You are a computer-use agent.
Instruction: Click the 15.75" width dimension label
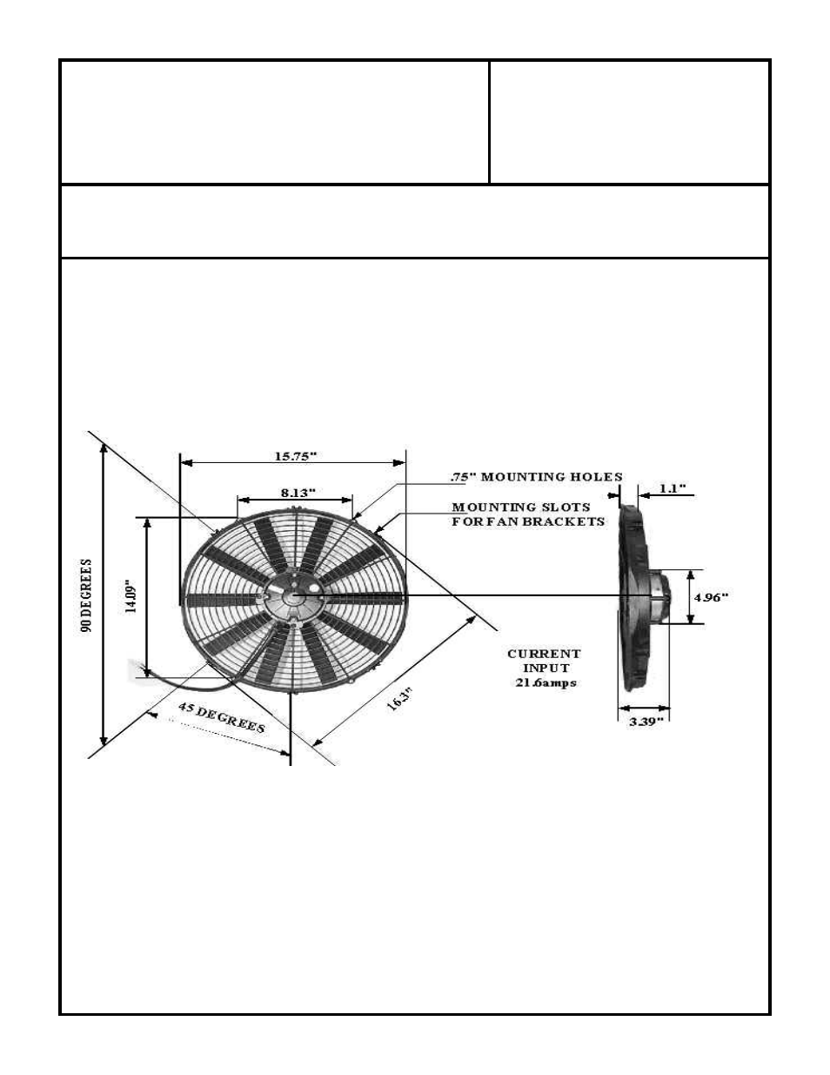[296, 456]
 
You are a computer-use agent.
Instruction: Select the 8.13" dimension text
[298, 493]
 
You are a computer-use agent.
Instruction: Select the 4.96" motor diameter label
[710, 597]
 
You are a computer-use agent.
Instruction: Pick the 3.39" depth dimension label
[646, 721]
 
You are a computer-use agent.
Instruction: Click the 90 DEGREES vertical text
[87, 595]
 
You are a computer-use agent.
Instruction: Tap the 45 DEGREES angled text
[221, 717]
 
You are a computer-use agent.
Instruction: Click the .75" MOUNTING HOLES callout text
[536, 477]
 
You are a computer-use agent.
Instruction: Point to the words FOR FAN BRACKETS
[527, 521]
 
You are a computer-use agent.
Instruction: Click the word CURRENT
[544, 654]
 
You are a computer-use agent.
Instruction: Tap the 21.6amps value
[545, 683]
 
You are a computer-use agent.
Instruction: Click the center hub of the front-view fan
[293, 597]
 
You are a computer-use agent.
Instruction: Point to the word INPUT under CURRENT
[546, 669]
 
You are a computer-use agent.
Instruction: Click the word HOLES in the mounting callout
[593, 477]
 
